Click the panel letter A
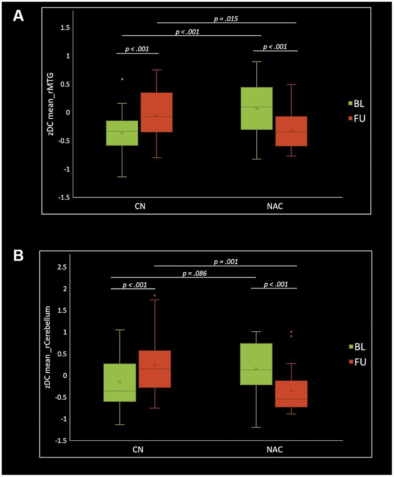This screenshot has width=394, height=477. (x=18, y=16)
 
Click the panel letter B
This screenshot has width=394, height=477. (x=18, y=255)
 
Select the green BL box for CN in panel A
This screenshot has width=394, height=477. (x=122, y=133)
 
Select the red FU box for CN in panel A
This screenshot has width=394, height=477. (x=157, y=112)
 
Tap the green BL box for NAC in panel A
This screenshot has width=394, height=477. (x=256, y=108)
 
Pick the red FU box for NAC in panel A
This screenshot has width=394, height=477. (x=291, y=131)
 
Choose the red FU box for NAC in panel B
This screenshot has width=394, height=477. (x=291, y=394)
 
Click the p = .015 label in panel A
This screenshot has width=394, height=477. (x=227, y=19)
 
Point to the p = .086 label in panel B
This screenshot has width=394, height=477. (x=195, y=274)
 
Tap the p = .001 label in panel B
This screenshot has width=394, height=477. (x=227, y=262)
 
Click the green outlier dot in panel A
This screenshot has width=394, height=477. (x=122, y=79)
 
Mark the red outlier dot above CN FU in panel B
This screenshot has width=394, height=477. (x=155, y=296)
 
